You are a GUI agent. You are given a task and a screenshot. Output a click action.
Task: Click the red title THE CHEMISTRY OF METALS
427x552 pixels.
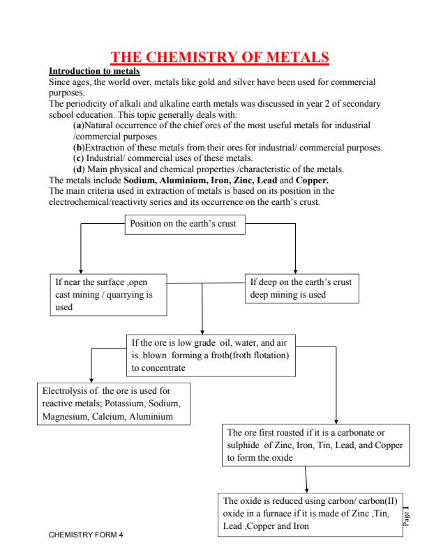[x=220, y=57]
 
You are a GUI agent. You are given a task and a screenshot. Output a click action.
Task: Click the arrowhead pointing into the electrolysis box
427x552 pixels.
[x=91, y=381]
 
